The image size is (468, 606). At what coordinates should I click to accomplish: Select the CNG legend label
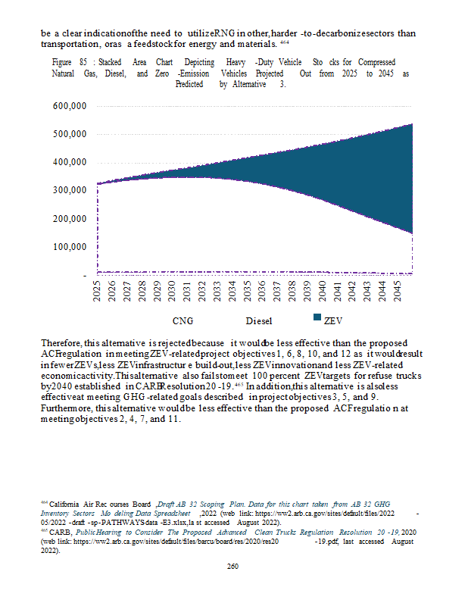click(x=183, y=321)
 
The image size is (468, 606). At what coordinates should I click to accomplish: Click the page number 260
click(x=233, y=566)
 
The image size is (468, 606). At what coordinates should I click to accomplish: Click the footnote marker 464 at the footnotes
click(x=43, y=503)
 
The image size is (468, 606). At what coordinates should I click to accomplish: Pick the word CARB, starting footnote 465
click(x=58, y=533)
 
